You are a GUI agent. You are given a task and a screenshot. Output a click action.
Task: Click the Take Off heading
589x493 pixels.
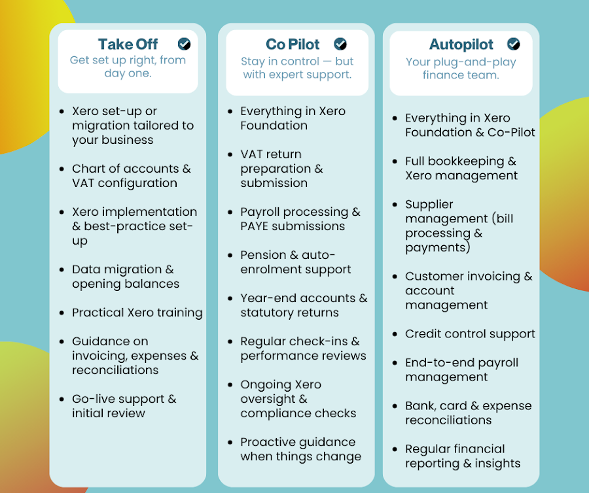[x=128, y=44]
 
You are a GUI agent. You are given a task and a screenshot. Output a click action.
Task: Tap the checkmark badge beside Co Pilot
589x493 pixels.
[x=340, y=44]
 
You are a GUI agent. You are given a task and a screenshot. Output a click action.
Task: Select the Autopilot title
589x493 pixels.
[x=461, y=44]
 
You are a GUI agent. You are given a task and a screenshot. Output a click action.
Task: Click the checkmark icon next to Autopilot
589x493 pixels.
[x=514, y=44]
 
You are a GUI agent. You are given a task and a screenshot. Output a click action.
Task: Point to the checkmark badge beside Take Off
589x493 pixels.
[x=184, y=44]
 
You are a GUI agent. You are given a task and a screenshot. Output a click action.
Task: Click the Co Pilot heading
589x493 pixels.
[x=293, y=44]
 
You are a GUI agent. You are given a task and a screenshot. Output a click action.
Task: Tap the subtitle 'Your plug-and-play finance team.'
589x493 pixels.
[x=461, y=68]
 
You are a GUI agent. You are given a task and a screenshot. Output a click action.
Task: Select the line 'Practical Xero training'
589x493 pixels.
[x=137, y=313]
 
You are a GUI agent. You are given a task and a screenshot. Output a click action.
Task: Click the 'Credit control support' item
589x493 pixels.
[x=470, y=334]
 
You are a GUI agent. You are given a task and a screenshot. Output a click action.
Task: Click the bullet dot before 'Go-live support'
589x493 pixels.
[x=62, y=399]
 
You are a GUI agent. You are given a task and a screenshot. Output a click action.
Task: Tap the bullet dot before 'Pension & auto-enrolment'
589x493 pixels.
[x=230, y=255]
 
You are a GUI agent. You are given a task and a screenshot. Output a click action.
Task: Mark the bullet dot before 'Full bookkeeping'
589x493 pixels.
[x=395, y=161]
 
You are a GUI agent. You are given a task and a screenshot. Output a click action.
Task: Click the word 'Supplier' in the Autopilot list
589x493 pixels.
[x=429, y=205]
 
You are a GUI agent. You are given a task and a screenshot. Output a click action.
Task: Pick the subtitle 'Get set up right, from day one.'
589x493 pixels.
[x=128, y=67]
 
